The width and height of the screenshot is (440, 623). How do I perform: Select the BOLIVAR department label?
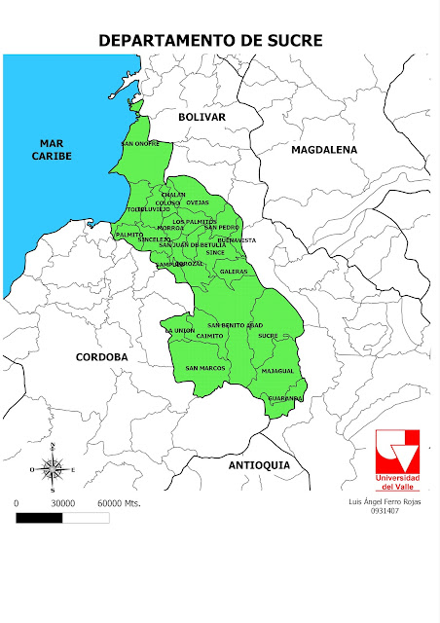tap(202, 117)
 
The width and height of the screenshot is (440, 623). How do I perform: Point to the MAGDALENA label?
tap(325, 150)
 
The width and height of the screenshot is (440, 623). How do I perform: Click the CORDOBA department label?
tap(102, 357)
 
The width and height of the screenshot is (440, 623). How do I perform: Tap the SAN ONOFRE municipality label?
tap(140, 144)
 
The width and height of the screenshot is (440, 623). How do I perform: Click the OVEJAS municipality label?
tap(198, 202)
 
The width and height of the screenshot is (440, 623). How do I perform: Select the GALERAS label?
tap(234, 271)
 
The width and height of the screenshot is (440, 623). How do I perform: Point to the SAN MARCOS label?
tap(205, 368)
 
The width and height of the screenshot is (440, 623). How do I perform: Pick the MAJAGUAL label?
tap(277, 371)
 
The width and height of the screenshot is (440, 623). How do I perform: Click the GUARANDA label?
tap(286, 398)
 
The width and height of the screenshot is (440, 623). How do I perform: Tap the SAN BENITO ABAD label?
tap(235, 324)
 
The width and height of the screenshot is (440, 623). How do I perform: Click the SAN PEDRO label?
tap(221, 227)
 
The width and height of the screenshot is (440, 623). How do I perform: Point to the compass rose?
tap(54, 468)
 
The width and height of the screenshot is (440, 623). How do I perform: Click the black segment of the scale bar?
tap(40, 518)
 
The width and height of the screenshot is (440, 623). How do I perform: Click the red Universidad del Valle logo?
tap(398, 458)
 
